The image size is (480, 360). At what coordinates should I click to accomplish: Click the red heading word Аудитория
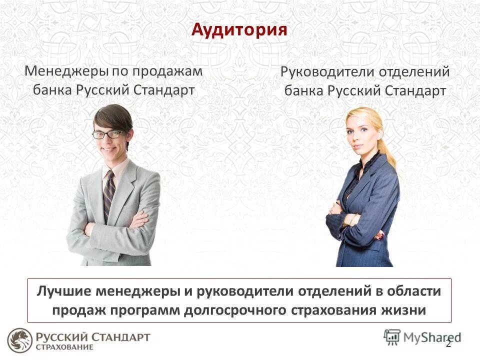(239, 30)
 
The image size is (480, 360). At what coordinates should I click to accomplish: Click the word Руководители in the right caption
(327, 72)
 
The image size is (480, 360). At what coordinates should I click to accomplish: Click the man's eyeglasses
(107, 134)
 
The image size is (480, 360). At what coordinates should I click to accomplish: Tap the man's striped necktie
(108, 195)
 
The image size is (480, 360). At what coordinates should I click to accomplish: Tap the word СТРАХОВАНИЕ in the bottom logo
(64, 347)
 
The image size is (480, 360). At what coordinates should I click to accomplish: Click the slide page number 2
(448, 343)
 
